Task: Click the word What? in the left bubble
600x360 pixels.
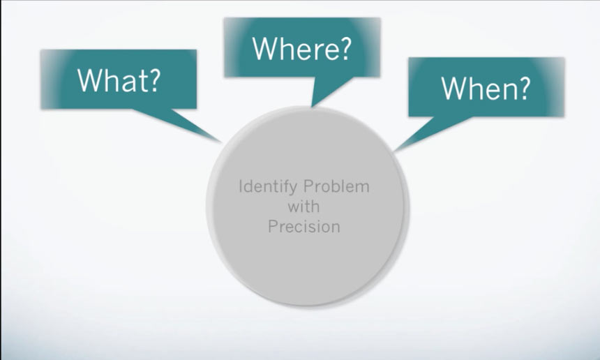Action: [119, 80]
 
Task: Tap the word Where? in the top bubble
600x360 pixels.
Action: [301, 48]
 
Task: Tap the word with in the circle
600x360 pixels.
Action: [303, 207]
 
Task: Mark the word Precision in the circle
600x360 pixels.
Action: [304, 227]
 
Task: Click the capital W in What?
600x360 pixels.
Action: [91, 80]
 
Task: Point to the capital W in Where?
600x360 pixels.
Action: [266, 48]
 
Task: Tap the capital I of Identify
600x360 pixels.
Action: [241, 187]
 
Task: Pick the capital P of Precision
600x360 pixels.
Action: [272, 227]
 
